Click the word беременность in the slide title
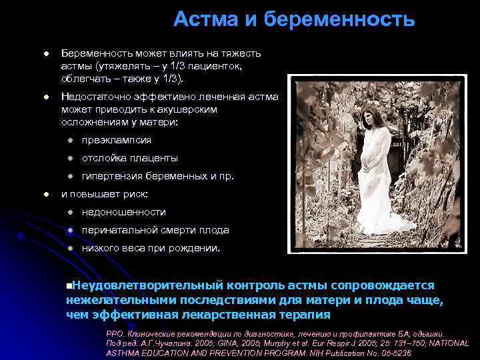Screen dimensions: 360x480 [x=339, y=20]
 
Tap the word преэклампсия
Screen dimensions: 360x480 [x=117, y=140]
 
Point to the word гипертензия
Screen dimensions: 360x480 [x=113, y=176]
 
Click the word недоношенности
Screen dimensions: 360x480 [x=124, y=212]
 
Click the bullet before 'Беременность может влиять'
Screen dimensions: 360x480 [x=45, y=53]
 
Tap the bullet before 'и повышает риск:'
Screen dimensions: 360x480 [x=45, y=194]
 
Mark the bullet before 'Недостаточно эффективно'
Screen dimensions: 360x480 [x=45, y=97]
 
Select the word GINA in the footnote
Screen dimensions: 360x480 [x=230, y=343]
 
